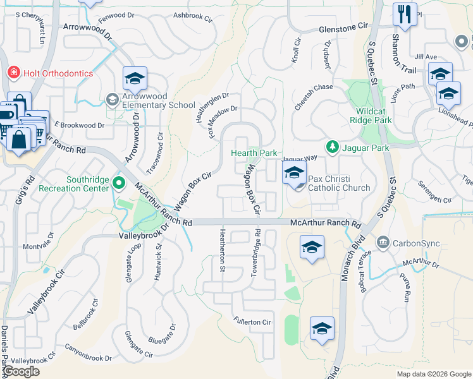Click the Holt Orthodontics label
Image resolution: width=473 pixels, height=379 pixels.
pyautogui.click(x=58, y=73)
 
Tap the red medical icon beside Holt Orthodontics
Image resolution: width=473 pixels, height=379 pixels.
pyautogui.click(x=13, y=73)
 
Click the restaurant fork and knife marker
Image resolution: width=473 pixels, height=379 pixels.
pyautogui.click(x=404, y=14)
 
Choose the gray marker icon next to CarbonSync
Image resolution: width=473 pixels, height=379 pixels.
pyautogui.click(x=383, y=243)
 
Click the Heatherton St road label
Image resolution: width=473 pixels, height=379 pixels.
pyautogui.click(x=222, y=251)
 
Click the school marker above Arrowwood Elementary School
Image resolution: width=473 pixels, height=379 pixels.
pyautogui.click(x=135, y=78)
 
